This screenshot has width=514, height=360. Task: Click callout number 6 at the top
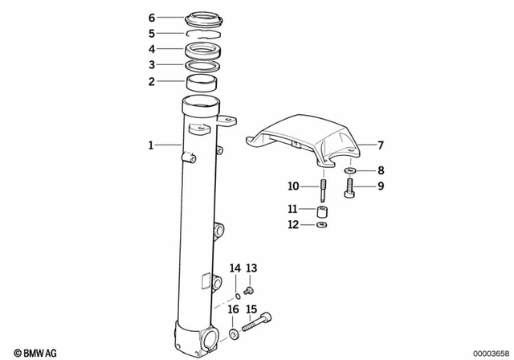[152, 17]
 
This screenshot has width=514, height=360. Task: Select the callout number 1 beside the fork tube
[150, 145]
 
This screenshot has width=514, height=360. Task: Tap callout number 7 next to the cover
[381, 145]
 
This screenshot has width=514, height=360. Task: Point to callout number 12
[293, 225]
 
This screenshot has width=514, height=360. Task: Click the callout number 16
[233, 309]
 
